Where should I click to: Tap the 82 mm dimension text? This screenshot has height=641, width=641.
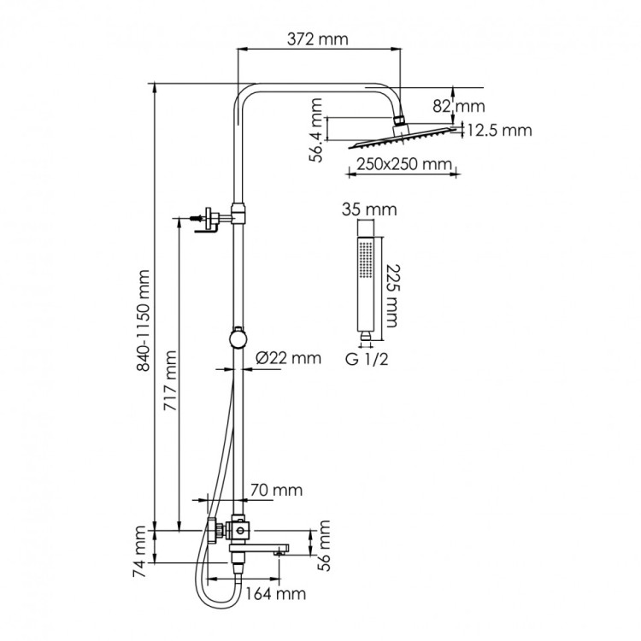(x=469, y=107)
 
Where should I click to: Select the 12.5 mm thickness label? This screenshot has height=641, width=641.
(x=498, y=131)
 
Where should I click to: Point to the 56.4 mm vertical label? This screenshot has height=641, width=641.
(x=317, y=130)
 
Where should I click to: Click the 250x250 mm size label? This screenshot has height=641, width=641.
(x=400, y=165)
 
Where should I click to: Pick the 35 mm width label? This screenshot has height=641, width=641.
(x=357, y=209)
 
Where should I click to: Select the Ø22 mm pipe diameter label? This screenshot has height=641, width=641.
(x=288, y=358)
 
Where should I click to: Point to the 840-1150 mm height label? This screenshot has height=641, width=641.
(x=142, y=320)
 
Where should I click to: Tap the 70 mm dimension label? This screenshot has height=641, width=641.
(x=276, y=490)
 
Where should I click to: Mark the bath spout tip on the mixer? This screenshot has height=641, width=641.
(x=280, y=550)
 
